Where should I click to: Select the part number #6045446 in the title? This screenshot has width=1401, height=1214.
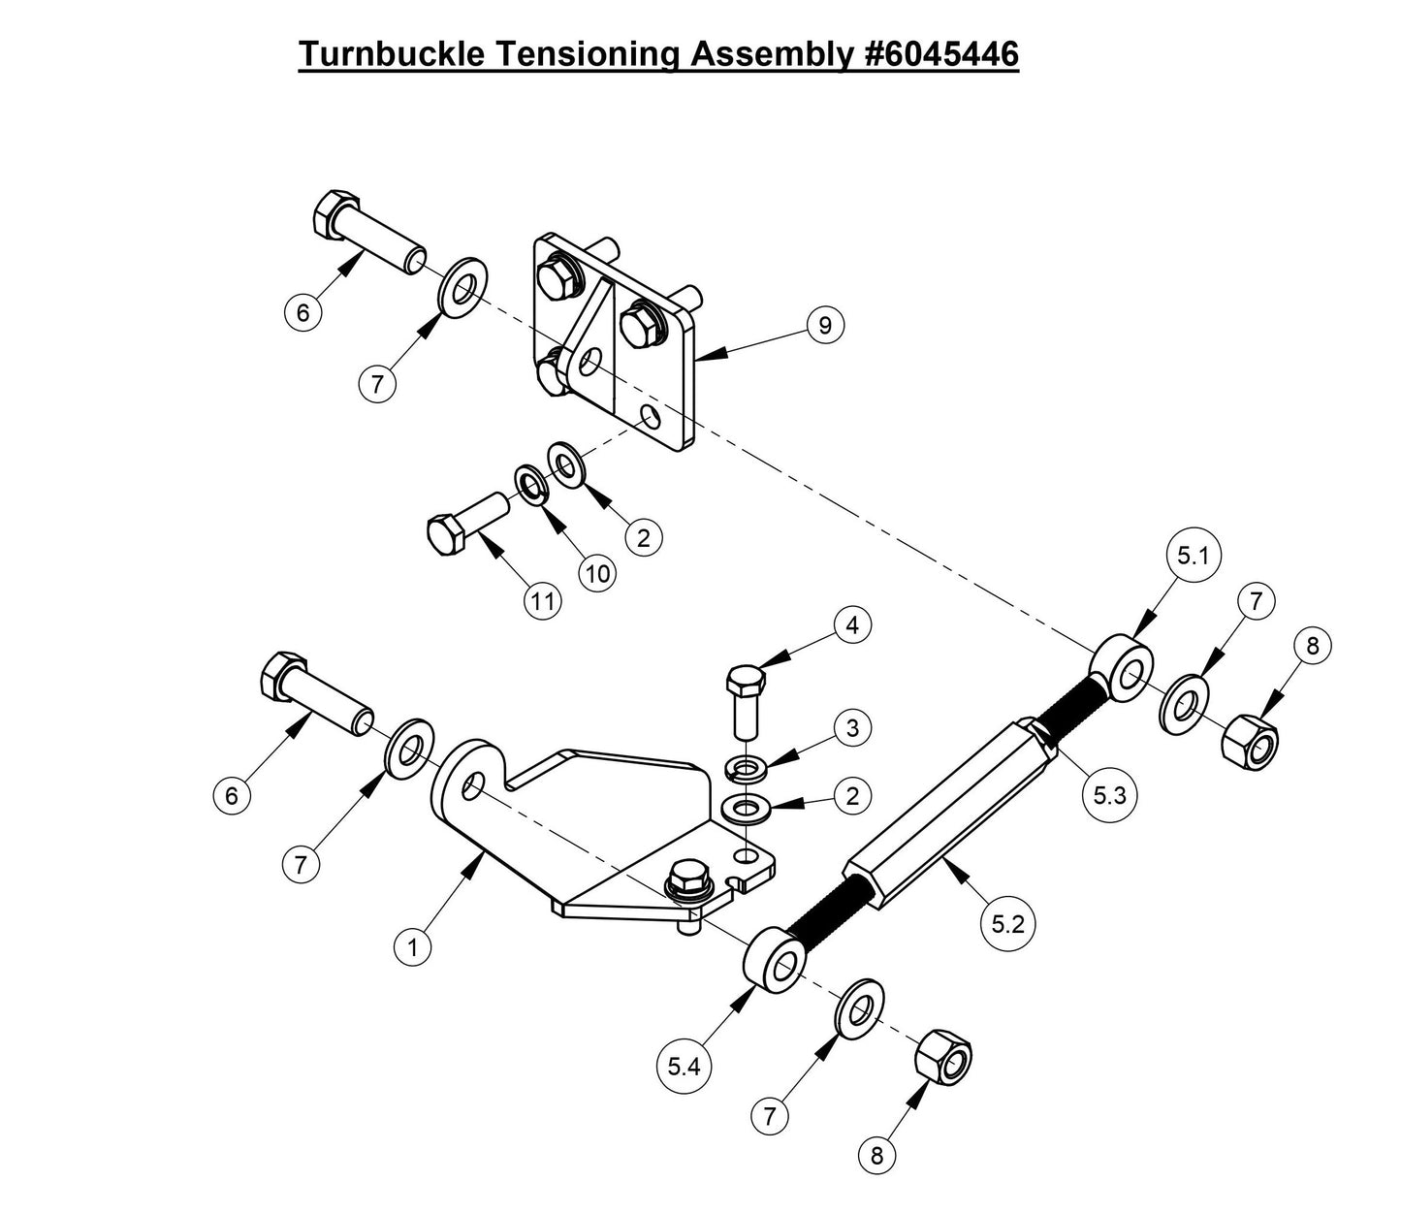point(940,54)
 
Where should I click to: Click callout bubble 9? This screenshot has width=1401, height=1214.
point(824,325)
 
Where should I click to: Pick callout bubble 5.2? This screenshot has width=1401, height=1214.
point(1007,924)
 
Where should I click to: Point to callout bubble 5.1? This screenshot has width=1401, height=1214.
point(1193,557)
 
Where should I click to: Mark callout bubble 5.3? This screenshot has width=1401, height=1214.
point(1109,795)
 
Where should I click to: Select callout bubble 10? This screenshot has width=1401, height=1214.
point(598,573)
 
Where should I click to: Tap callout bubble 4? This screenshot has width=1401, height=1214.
point(852,625)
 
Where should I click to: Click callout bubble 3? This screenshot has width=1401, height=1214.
point(852,728)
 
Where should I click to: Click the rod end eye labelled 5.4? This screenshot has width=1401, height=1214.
point(775,960)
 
